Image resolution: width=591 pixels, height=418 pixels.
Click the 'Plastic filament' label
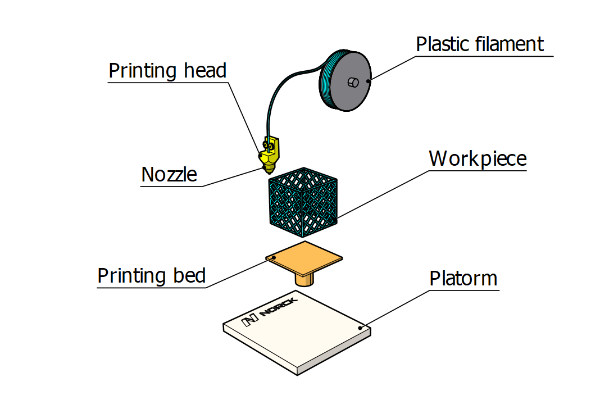click(480, 44)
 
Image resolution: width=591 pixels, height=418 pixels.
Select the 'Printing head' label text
click(167, 71)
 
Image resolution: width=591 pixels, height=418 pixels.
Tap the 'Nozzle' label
click(169, 174)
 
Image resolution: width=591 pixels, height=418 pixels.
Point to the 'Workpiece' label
click(478, 158)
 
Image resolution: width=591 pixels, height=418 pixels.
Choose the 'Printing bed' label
click(152, 276)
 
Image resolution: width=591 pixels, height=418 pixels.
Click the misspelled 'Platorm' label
click(463, 278)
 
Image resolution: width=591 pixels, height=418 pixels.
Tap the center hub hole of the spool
click(353, 83)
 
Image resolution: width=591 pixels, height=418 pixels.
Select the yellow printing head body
click(271, 151)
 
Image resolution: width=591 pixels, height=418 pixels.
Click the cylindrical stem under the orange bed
click(304, 279)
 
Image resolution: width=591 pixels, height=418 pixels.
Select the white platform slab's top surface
click(298, 331)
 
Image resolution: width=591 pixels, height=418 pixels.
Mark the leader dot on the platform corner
click(360, 326)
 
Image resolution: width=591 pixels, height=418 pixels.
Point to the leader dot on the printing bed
click(274, 257)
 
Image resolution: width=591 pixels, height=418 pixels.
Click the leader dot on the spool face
click(369, 81)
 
